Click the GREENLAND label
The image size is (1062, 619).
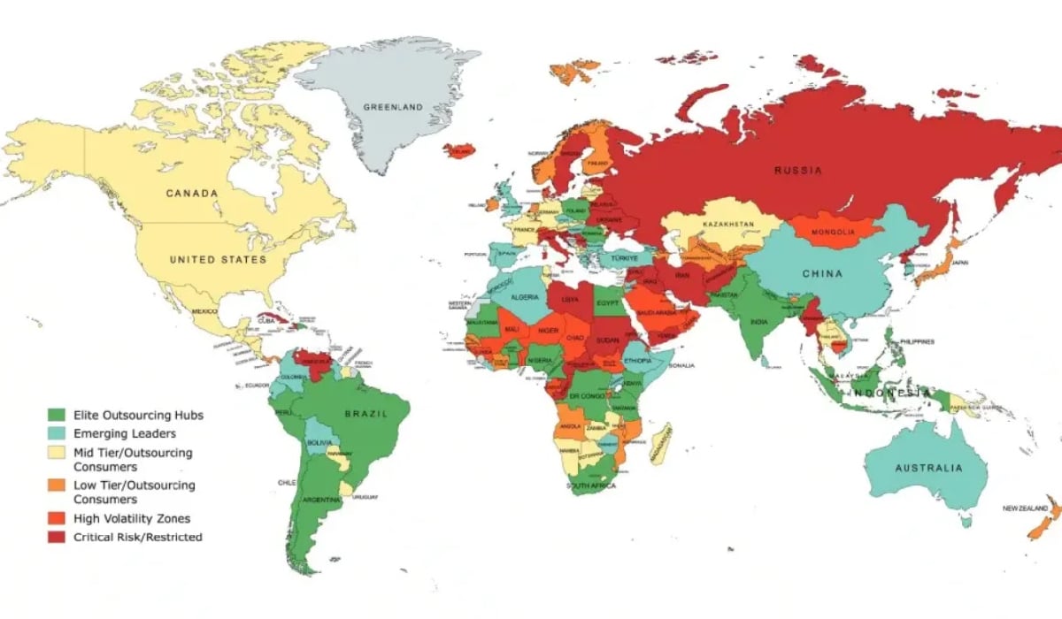(x=392, y=107)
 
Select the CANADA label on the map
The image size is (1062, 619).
(x=192, y=193)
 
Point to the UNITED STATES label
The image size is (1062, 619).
(x=217, y=260)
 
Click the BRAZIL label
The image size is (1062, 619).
(x=363, y=412)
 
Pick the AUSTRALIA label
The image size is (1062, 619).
(x=927, y=468)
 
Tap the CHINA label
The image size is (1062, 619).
(x=822, y=274)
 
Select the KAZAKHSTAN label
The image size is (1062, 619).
(x=728, y=225)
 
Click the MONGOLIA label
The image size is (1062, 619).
(x=833, y=233)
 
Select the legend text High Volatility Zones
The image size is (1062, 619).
(x=132, y=518)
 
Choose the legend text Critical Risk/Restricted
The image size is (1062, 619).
(x=138, y=537)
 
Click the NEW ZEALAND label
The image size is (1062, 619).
(x=1024, y=508)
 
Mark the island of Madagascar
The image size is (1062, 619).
(x=658, y=441)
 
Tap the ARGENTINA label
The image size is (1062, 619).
(x=321, y=500)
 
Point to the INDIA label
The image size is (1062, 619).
(x=758, y=322)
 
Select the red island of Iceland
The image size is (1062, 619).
(x=458, y=151)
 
